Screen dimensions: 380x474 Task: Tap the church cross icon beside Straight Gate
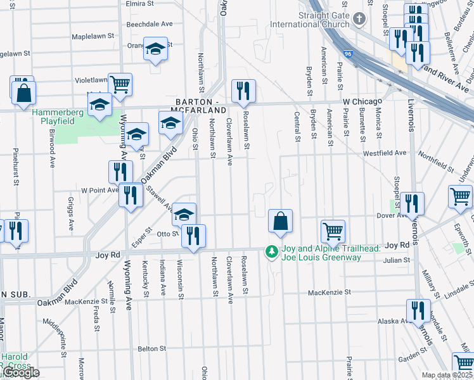359,18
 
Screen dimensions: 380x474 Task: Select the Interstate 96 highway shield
348,55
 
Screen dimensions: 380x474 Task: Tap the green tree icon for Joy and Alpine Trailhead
272,252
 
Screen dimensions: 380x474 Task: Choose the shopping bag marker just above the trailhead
279,222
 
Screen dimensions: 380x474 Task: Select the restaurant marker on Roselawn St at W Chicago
243,92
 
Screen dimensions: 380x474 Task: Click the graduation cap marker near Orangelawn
155,49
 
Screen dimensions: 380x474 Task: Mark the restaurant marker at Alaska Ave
418,310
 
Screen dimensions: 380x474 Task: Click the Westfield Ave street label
384,153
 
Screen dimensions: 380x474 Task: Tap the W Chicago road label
362,101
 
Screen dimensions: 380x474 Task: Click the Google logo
21,373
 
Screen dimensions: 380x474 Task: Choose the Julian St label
397,260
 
